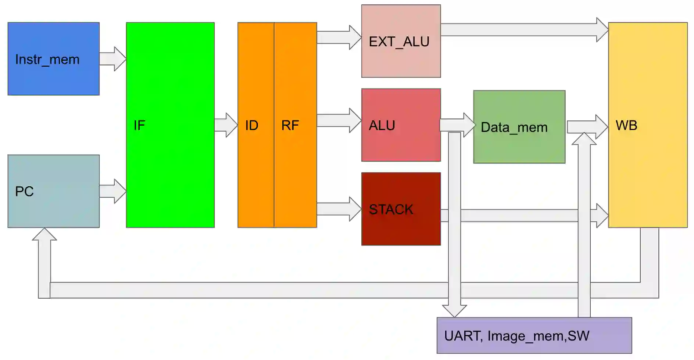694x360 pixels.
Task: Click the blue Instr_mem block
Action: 54,59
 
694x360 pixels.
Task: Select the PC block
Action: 54,191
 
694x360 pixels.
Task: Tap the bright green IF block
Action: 170,125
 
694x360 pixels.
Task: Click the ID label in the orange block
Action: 252,126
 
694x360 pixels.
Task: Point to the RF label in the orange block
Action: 290,126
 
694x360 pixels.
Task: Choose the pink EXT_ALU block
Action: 401,41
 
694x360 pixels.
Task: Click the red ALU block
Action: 401,125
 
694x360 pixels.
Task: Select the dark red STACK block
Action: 401,209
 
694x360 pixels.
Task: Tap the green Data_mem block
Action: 519,127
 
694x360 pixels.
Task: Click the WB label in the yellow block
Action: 626,126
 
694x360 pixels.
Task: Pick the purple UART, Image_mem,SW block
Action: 534,336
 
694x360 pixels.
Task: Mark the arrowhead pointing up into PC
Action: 44,235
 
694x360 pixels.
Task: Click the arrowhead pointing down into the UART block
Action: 455,310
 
